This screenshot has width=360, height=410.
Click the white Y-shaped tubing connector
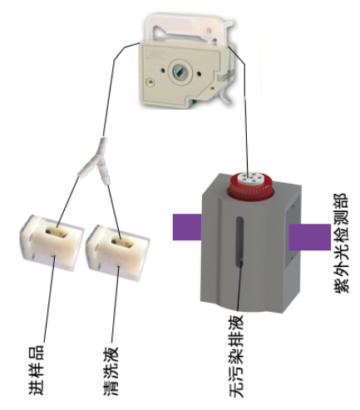tap(95, 161)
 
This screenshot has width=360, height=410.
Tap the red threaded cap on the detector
tap(250, 186)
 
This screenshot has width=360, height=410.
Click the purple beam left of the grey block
tap(187, 227)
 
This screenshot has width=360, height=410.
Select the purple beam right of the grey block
tap(309, 237)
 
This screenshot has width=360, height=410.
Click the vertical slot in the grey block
tap(239, 242)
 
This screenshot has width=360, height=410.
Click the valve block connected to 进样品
tap(52, 243)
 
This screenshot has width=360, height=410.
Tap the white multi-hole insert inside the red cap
tap(252, 178)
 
